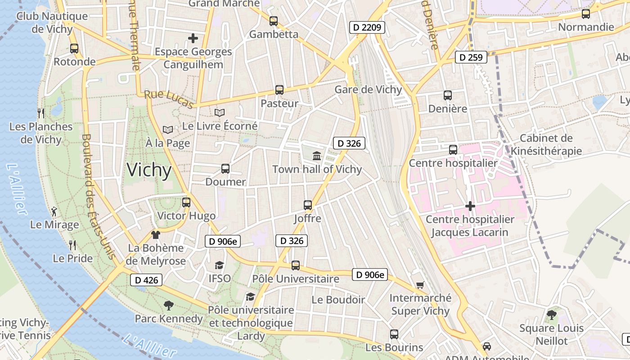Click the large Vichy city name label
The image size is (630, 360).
click(x=149, y=170)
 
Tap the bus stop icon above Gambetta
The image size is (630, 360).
click(x=273, y=21)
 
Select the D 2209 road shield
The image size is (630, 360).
click(x=367, y=27)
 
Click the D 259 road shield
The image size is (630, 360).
click(x=471, y=57)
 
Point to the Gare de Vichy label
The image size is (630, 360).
click(x=368, y=90)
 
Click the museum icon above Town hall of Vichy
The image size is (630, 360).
click(x=317, y=156)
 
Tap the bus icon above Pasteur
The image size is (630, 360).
click(x=279, y=90)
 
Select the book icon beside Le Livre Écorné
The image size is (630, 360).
click(x=220, y=112)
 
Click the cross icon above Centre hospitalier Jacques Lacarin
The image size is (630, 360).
click(x=470, y=206)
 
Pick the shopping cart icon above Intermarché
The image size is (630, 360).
click(x=420, y=284)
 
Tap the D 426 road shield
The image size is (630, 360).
click(x=146, y=280)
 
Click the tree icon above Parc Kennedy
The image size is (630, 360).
click(x=169, y=306)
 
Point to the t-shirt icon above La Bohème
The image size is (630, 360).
click(x=156, y=234)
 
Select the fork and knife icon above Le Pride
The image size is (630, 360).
click(x=72, y=245)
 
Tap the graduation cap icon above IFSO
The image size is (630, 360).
click(x=219, y=265)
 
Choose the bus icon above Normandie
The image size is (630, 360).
click(x=585, y=13)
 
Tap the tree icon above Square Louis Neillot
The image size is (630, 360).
click(x=551, y=315)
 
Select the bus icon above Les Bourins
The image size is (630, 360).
click(x=394, y=334)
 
